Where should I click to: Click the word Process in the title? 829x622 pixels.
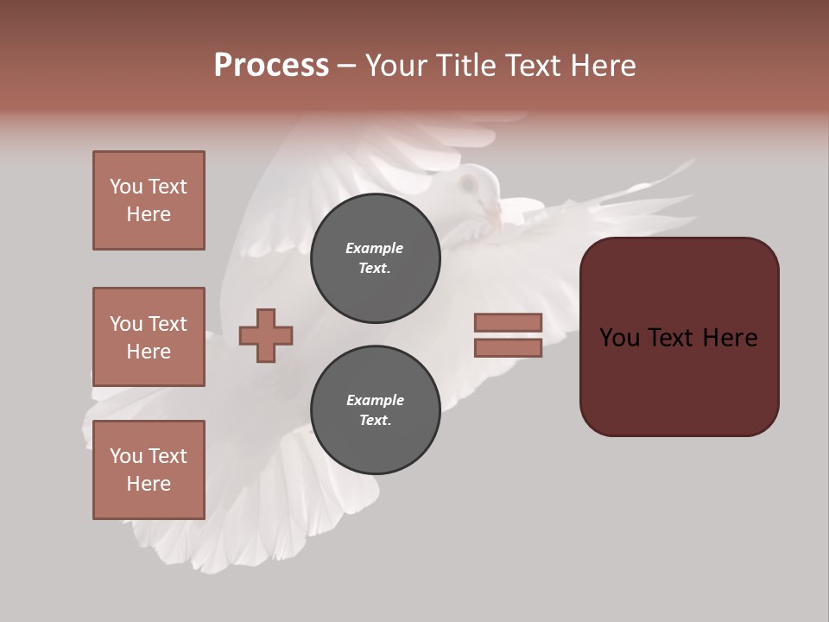click(x=271, y=66)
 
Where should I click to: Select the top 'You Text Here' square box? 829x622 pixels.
click(x=149, y=200)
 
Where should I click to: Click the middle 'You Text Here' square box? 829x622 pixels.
click(x=149, y=337)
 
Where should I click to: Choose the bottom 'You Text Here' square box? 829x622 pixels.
click(x=149, y=470)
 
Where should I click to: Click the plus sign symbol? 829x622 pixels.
click(x=266, y=334)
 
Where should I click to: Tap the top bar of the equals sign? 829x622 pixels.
click(x=508, y=322)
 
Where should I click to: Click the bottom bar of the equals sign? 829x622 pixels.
click(x=508, y=348)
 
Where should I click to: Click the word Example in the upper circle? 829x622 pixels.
click(x=374, y=248)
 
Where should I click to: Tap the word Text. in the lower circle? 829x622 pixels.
click(x=374, y=421)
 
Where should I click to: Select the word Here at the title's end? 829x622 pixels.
click(x=604, y=66)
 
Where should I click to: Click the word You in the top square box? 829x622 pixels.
click(x=125, y=187)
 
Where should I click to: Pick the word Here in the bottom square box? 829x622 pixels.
click(x=149, y=484)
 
